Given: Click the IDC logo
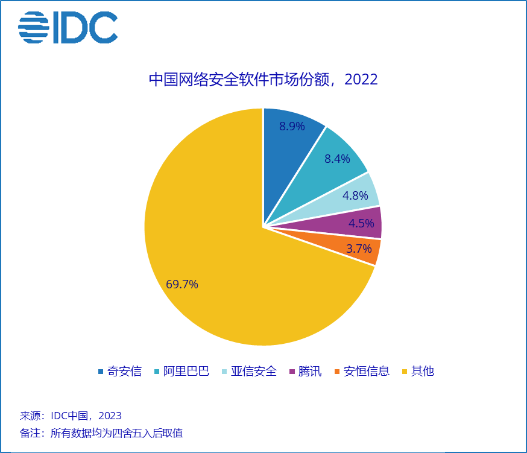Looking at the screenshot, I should click(68, 28).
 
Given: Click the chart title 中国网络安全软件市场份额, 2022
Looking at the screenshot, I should click(263, 80).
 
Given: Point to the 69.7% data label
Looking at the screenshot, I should click(182, 284).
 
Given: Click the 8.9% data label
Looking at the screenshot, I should click(292, 126).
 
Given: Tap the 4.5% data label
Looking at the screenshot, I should click(362, 223).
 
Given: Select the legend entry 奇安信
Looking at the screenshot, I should click(124, 371).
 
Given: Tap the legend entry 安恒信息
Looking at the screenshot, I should click(367, 371).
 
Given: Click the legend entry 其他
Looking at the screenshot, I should click(422, 371).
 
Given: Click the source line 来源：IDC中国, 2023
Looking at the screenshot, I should click(71, 416).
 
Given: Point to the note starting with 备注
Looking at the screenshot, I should click(101, 433).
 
